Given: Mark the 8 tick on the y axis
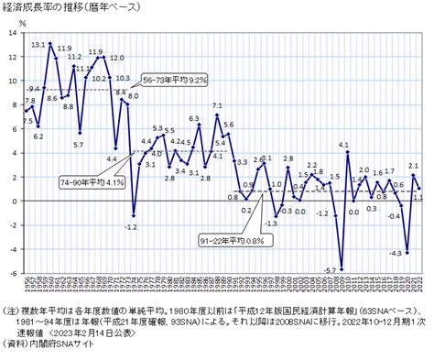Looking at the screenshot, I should click(11, 104).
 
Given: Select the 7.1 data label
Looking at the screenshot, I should click(217, 106).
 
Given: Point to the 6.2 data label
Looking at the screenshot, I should click(38, 136).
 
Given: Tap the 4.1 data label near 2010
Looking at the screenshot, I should click(344, 144).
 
